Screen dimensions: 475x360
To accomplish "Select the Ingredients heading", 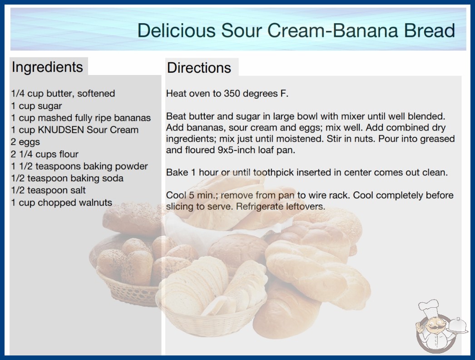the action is [x=47, y=67].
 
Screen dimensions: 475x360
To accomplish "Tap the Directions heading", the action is [x=199, y=68].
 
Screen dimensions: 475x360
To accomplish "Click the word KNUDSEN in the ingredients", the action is [x=61, y=130].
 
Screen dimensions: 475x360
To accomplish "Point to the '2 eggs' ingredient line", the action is [x=25, y=142].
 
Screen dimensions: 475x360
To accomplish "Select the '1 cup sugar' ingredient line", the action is [x=36, y=106].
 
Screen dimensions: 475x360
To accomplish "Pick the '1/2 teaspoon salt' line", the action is [x=48, y=190].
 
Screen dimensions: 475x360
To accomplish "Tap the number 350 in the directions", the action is [x=232, y=94].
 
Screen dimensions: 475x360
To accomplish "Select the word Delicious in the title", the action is [x=176, y=30].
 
